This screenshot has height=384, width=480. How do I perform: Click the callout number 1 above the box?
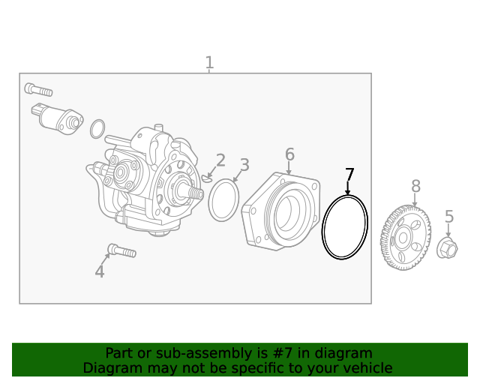pos(209,63)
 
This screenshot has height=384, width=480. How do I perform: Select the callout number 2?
pos(220,160)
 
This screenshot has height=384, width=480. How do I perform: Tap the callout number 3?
pos(244,165)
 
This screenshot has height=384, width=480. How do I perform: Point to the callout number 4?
pos(100,271)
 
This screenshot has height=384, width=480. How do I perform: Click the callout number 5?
pos(449,217)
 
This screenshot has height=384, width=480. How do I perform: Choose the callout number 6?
pos(289,154)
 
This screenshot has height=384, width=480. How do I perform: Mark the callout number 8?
pos(415,186)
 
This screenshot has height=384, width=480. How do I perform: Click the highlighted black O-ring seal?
pos(344,227)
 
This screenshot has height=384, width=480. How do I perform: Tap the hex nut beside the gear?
pos(446,247)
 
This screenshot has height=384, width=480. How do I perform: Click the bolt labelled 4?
pos(121,250)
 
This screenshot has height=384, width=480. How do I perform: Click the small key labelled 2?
pos(207,178)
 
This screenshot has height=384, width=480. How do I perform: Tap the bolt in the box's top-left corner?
pos(38,90)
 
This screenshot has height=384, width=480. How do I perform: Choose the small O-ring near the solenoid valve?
pos(97,129)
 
